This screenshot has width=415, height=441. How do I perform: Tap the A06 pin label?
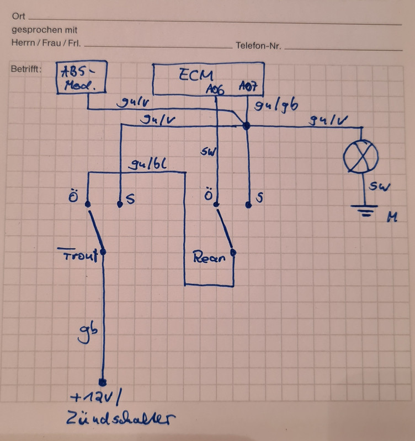point(215,88)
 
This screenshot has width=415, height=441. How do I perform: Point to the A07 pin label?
point(247,88)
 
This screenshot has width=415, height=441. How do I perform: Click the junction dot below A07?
point(247,126)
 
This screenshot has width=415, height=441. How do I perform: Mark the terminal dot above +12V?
point(102,382)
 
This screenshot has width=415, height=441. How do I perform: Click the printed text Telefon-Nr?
point(258,46)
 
